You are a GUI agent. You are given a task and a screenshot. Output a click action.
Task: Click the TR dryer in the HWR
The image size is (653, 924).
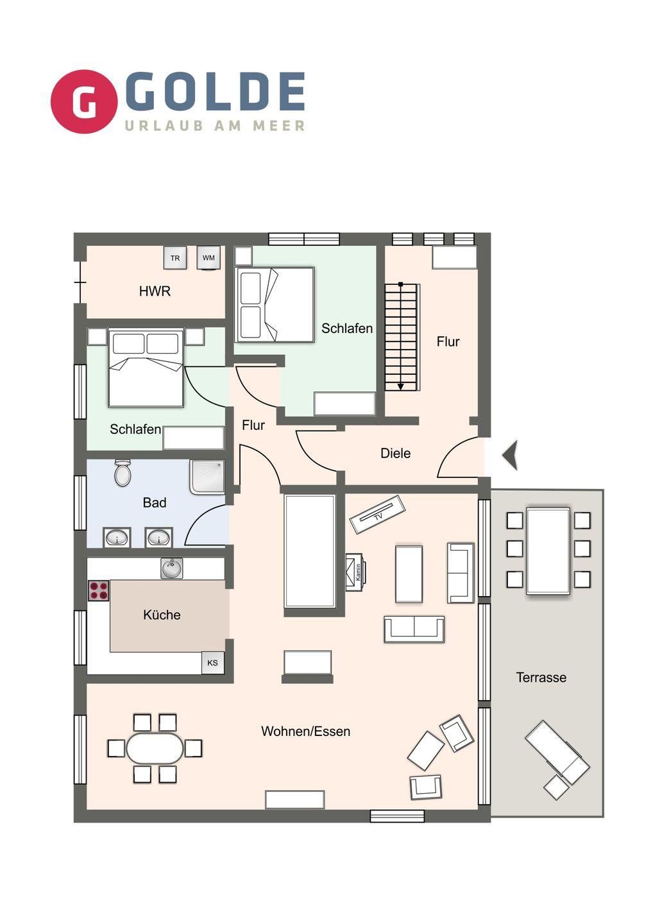point(174,258)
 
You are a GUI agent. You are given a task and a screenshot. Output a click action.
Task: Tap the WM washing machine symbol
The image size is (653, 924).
point(208,258)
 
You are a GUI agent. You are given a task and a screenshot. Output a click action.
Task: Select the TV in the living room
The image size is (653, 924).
point(378,515)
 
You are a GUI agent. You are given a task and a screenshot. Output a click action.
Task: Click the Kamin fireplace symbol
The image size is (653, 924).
point(356,572)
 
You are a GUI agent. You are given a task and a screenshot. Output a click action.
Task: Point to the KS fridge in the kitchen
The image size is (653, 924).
point(213,663)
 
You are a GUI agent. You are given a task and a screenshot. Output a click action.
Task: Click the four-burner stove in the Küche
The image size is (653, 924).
point(99,591)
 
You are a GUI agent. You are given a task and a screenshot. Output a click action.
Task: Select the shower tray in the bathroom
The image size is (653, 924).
point(207,477)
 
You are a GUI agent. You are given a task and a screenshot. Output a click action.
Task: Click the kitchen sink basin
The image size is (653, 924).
point(171,569)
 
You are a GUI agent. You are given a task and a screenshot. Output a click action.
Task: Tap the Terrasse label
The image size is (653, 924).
point(541,678)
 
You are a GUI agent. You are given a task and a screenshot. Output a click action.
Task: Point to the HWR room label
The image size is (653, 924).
point(155,291)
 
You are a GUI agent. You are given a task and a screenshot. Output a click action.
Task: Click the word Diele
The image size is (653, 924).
point(395,453)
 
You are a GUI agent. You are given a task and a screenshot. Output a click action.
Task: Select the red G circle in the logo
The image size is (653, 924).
point(84,101)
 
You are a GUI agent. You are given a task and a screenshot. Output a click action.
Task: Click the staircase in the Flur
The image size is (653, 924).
point(402,337)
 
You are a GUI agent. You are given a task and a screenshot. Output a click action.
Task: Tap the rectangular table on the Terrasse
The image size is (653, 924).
point(548,551)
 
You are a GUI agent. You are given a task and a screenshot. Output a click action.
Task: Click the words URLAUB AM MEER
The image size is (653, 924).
point(215,126)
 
